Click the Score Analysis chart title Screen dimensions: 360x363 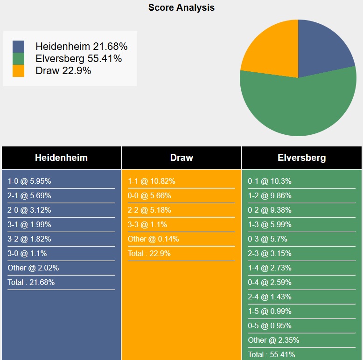click(x=181, y=7)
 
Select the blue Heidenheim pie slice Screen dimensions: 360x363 click(x=322, y=51)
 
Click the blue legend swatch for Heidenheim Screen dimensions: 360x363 click(x=19, y=47)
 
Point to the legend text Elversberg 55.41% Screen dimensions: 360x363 click(x=78, y=59)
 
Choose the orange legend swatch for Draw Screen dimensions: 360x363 click(x=19, y=71)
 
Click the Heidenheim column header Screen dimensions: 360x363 click(x=61, y=158)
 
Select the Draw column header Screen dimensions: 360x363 click(x=181, y=158)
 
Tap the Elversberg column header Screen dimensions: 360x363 click(x=302, y=158)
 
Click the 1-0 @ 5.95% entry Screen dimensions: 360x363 click(x=29, y=181)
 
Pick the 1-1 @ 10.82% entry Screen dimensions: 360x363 click(x=152, y=181)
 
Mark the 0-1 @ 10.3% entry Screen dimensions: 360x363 click(x=270, y=181)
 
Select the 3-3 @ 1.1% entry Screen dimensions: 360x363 click(x=147, y=225)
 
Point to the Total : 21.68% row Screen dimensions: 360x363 click(x=31, y=283)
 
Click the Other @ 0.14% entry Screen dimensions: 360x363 click(x=154, y=239)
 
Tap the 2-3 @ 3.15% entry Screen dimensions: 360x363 click(x=270, y=254)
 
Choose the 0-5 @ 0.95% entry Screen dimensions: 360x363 click(x=270, y=326)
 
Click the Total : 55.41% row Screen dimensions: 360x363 click(x=272, y=355)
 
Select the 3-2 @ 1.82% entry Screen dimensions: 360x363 click(x=29, y=239)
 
